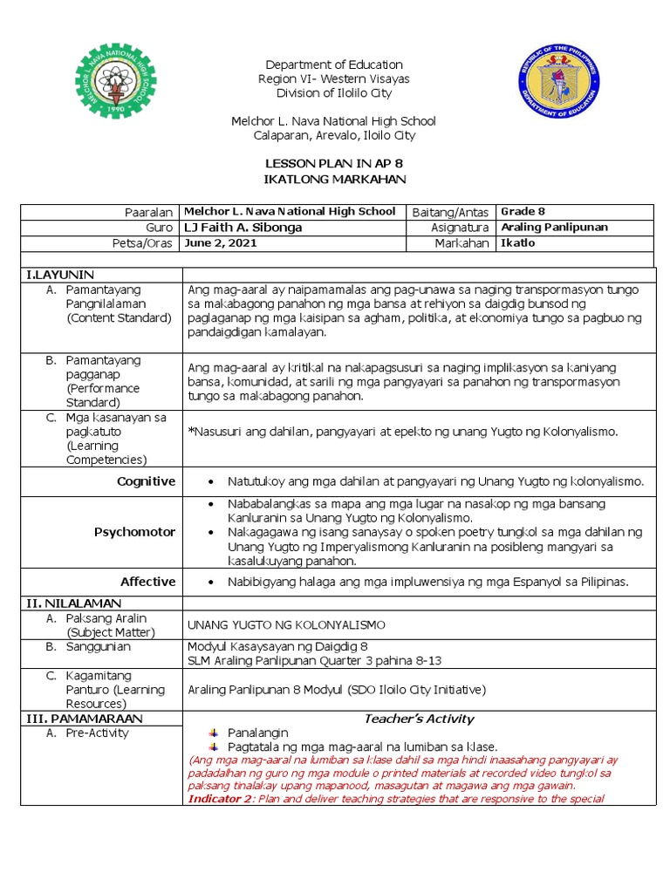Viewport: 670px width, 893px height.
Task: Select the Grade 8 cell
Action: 523,211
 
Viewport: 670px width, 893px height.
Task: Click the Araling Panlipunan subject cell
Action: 554,227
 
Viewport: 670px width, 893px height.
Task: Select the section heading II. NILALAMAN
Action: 73,603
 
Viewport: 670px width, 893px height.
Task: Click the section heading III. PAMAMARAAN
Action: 85,719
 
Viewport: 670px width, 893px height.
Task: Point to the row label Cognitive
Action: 146,481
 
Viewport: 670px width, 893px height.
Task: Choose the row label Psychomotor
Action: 135,532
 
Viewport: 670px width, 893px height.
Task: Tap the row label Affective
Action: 147,582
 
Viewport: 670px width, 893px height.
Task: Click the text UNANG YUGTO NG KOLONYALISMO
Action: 285,624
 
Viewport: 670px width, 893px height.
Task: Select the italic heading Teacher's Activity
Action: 418,719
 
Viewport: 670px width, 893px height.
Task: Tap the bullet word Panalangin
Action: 257,733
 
